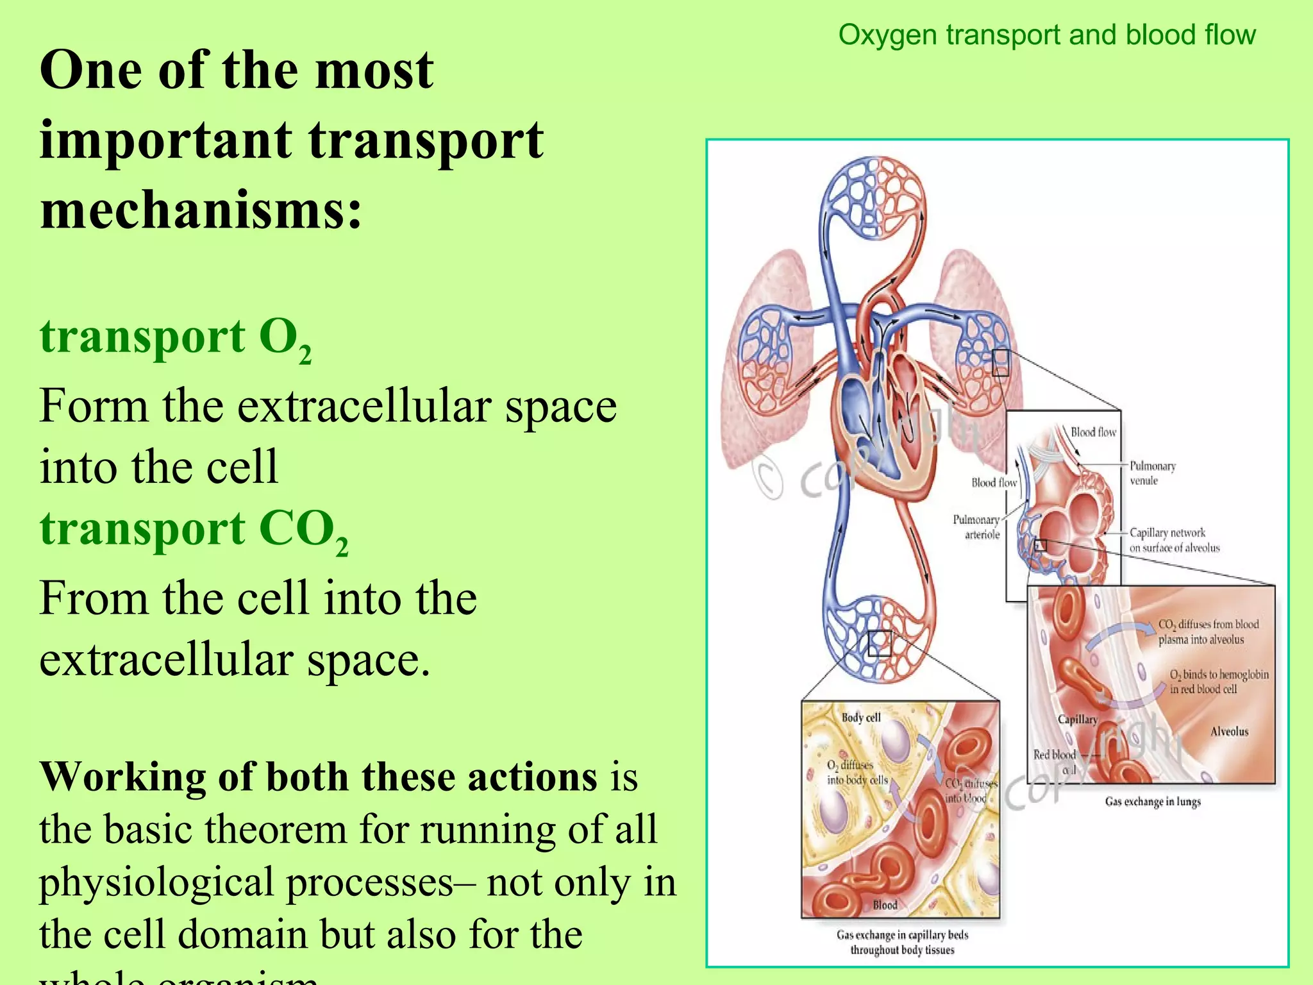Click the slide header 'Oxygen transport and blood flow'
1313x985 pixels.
pyautogui.click(x=1046, y=35)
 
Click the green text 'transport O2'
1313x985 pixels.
pyautogui.click(x=175, y=338)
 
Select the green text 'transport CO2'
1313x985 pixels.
pyautogui.click(x=194, y=530)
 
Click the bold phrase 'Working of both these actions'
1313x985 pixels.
pyautogui.click(x=319, y=777)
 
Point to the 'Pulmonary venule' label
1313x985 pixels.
pyautogui.click(x=1152, y=473)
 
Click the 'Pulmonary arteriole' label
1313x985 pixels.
pyautogui.click(x=976, y=527)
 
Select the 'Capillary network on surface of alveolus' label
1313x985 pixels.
pyautogui.click(x=1173, y=540)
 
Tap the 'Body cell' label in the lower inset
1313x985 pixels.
pyautogui.click(x=861, y=718)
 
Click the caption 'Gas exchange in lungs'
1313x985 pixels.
pyautogui.click(x=1152, y=802)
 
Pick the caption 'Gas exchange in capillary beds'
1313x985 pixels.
pyautogui.click(x=902, y=936)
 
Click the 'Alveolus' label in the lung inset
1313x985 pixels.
pyautogui.click(x=1229, y=732)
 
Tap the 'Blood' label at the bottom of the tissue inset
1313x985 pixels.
pyautogui.click(x=885, y=905)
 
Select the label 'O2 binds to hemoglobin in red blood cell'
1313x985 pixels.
pyautogui.click(x=1218, y=682)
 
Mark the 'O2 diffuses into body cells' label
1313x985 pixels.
pyautogui.click(x=856, y=773)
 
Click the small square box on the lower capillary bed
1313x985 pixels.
pyautogui.click(x=879, y=643)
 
